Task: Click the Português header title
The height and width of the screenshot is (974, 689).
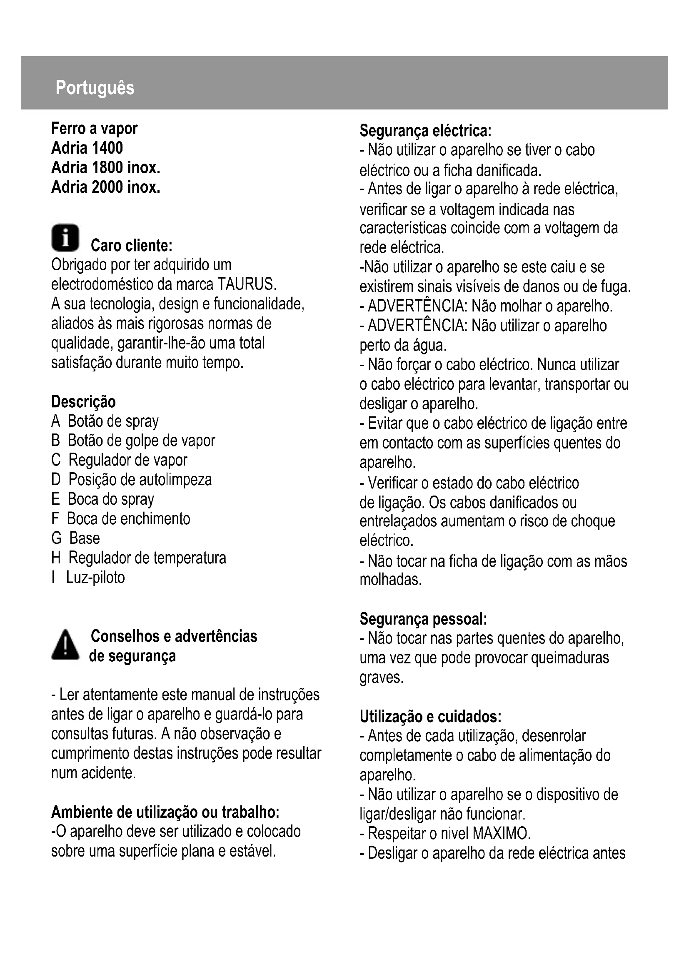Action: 95,88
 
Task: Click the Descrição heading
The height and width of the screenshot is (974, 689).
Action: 83,401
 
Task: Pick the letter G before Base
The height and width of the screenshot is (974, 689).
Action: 56,538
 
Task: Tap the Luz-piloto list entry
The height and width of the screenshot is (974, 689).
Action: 95,577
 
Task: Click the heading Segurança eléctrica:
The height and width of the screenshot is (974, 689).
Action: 425,131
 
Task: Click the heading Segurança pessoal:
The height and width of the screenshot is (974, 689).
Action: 423,619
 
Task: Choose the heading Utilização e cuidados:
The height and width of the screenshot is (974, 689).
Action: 430,717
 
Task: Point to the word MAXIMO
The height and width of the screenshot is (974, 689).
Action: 501,834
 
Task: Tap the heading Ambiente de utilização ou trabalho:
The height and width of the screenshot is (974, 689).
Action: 165,812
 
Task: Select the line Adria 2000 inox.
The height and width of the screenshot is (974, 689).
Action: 106,187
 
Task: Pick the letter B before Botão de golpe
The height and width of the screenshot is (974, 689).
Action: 55,441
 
